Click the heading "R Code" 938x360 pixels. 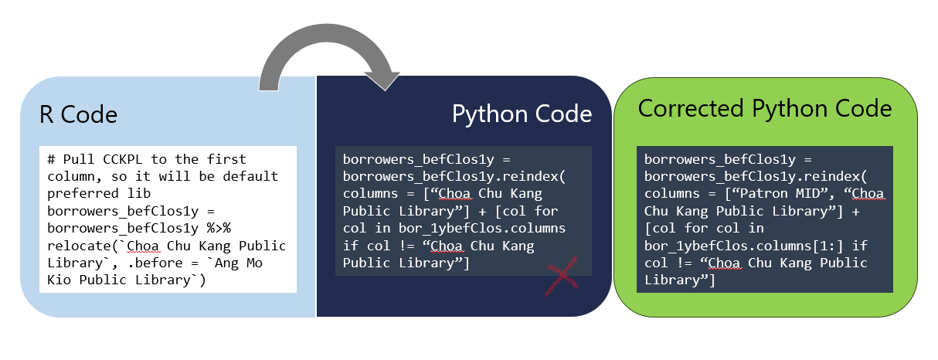78,115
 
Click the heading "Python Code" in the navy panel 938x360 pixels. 522,114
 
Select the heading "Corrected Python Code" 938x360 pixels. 765,108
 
